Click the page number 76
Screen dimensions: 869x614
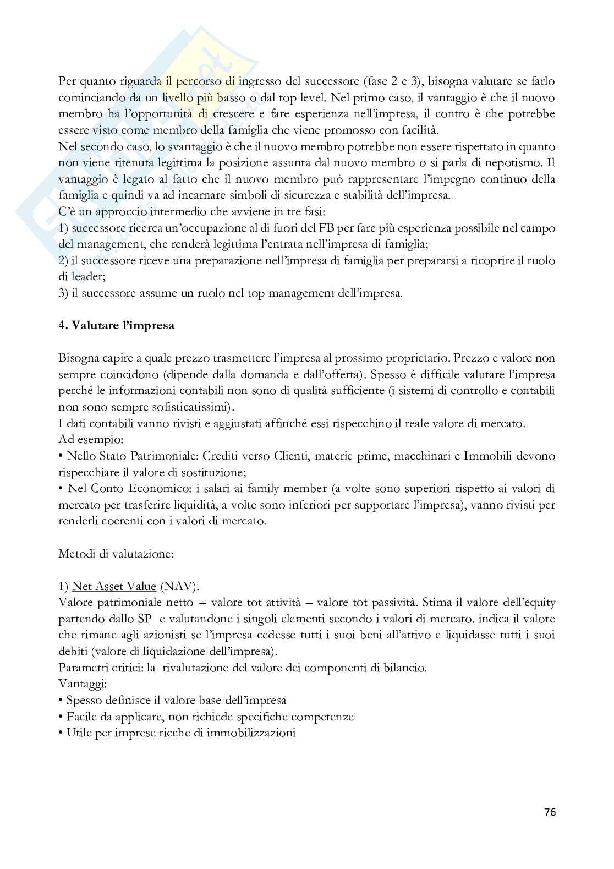(550, 812)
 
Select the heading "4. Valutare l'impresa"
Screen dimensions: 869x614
(116, 325)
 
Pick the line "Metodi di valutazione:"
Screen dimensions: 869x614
(116, 553)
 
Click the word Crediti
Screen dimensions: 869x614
(221, 456)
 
